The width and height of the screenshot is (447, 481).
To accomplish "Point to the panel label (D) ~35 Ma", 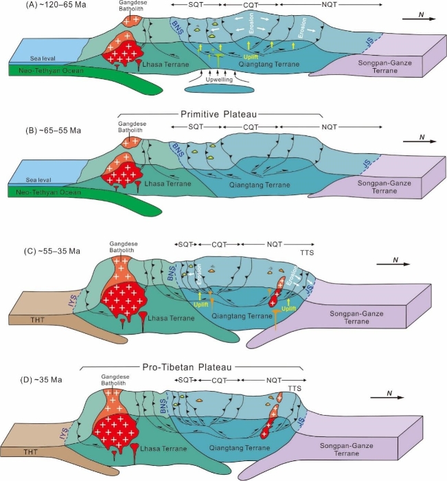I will click(32, 373).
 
